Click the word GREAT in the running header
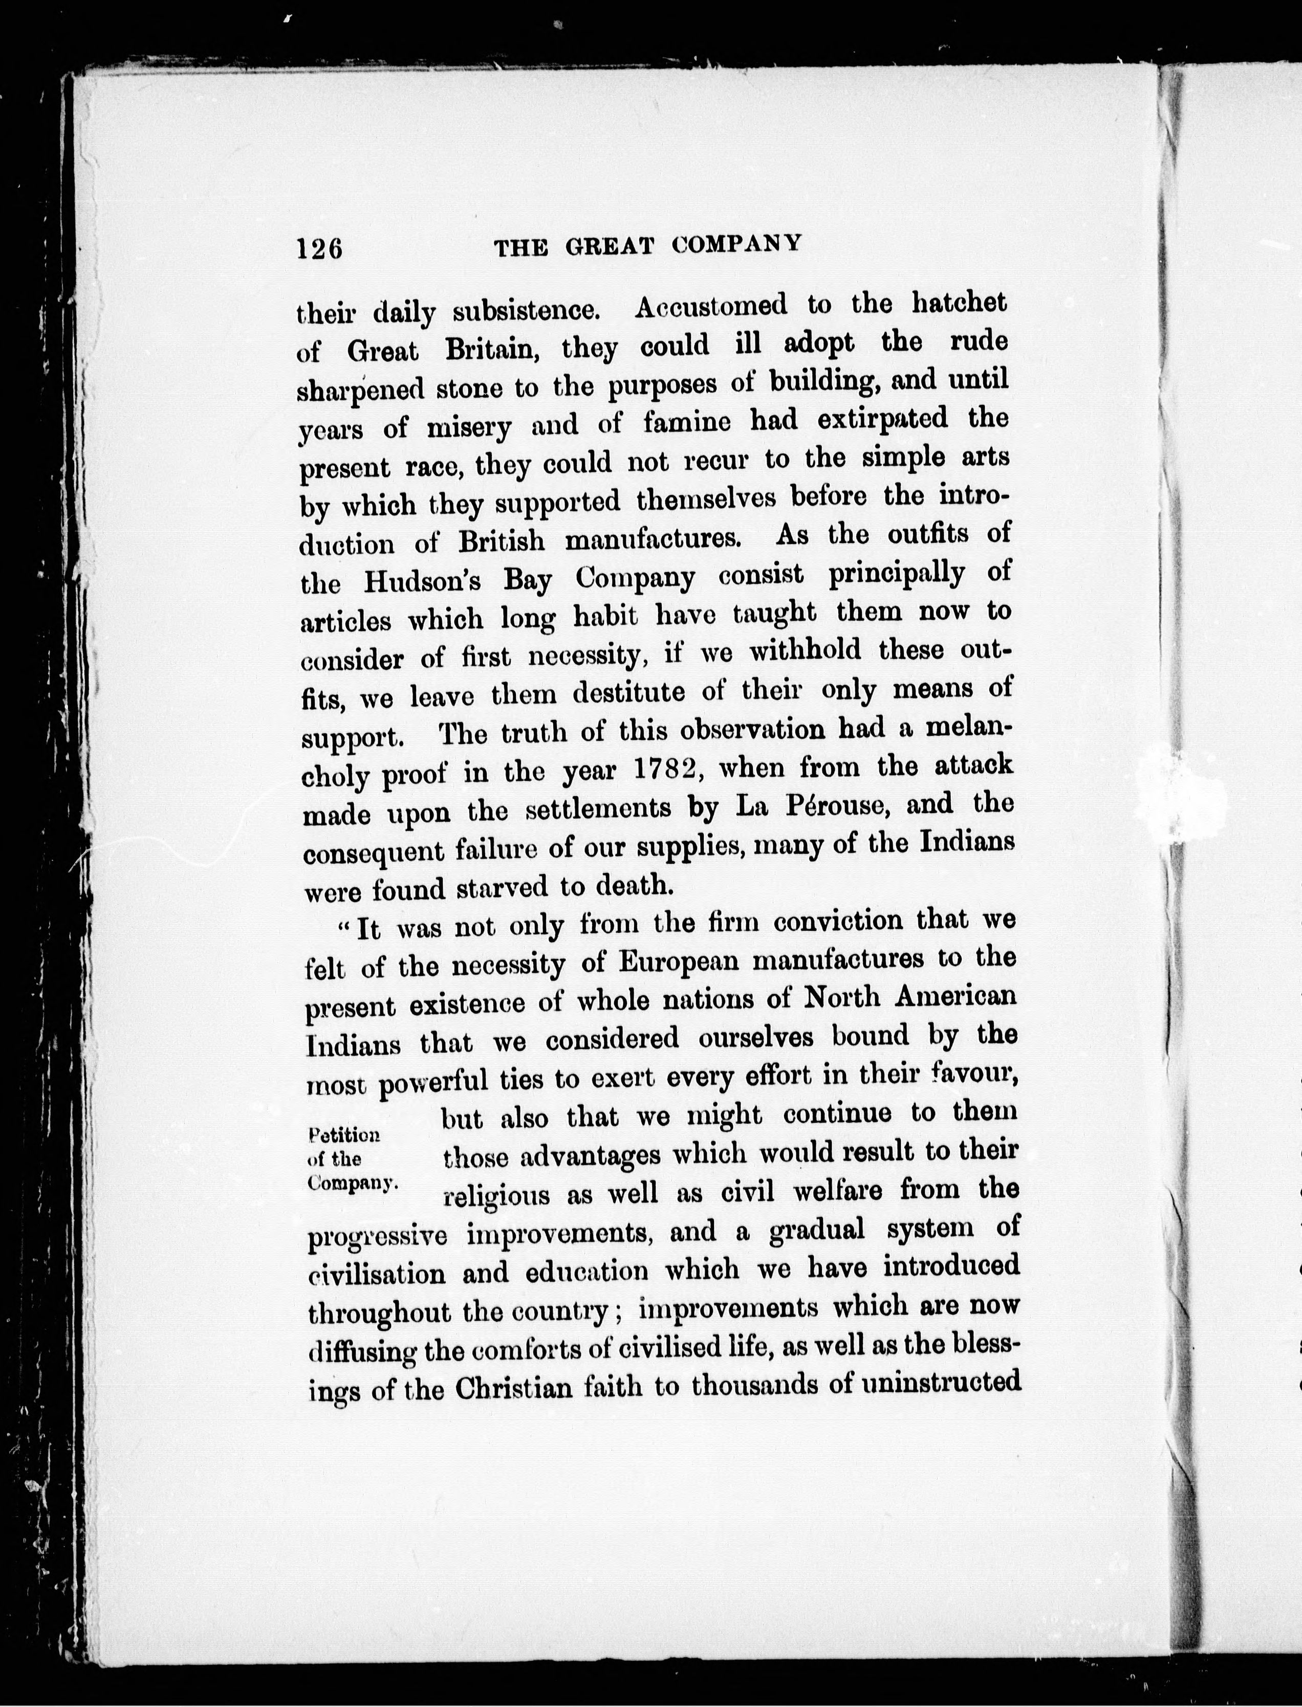(609, 247)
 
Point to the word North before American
(842, 997)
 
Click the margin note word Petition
(343, 1135)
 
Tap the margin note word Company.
(351, 1183)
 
